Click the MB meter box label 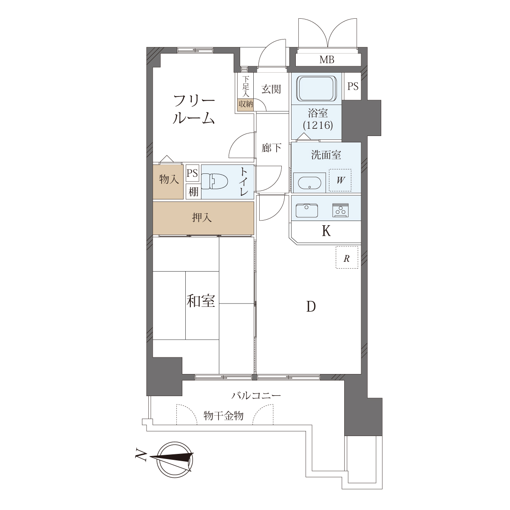pos(327,60)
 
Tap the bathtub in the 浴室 pos(317,89)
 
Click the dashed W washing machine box pos(340,180)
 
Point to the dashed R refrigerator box pos(347,257)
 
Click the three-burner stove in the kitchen pos(340,210)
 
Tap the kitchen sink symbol pos(307,211)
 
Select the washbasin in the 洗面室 pos(309,183)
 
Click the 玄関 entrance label pos(271,89)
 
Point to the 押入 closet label pos(202,218)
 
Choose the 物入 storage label pos(169,180)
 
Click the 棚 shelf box pos(193,192)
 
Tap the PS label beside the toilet pos(192,173)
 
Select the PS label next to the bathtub pos(353,86)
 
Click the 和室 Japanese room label pos(201,301)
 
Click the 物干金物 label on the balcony pos(224,416)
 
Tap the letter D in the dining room pos(311,307)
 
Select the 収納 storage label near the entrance pos(246,104)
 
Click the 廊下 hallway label pos(271,148)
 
